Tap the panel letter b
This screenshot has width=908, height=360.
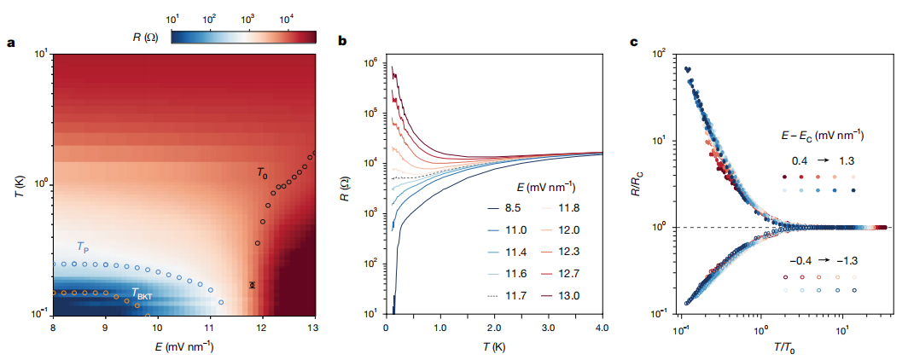tap(343, 40)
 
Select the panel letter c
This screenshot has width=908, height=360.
tap(633, 40)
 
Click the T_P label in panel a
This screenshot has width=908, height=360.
tap(83, 247)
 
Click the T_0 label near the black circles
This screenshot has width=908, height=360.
tap(263, 172)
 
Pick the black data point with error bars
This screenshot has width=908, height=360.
tap(252, 285)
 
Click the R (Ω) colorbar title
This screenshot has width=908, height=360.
tap(146, 37)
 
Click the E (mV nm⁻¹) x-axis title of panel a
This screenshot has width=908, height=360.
tap(184, 346)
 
